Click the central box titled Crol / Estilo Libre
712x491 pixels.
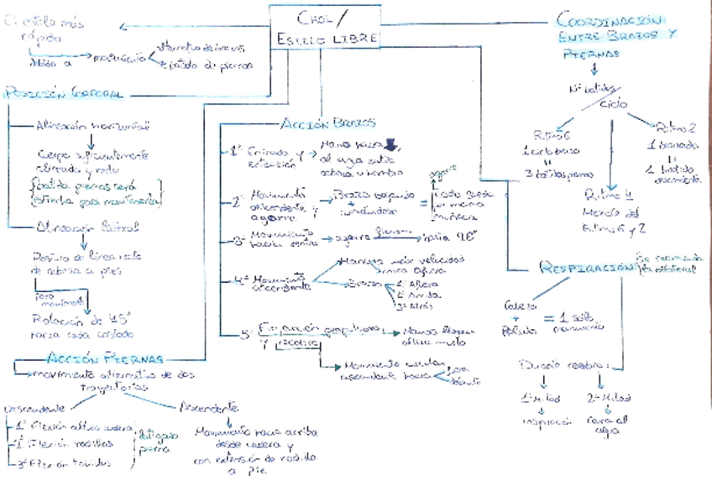[324, 27]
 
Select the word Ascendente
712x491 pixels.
[210, 405]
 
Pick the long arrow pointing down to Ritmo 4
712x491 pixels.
[610, 155]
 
